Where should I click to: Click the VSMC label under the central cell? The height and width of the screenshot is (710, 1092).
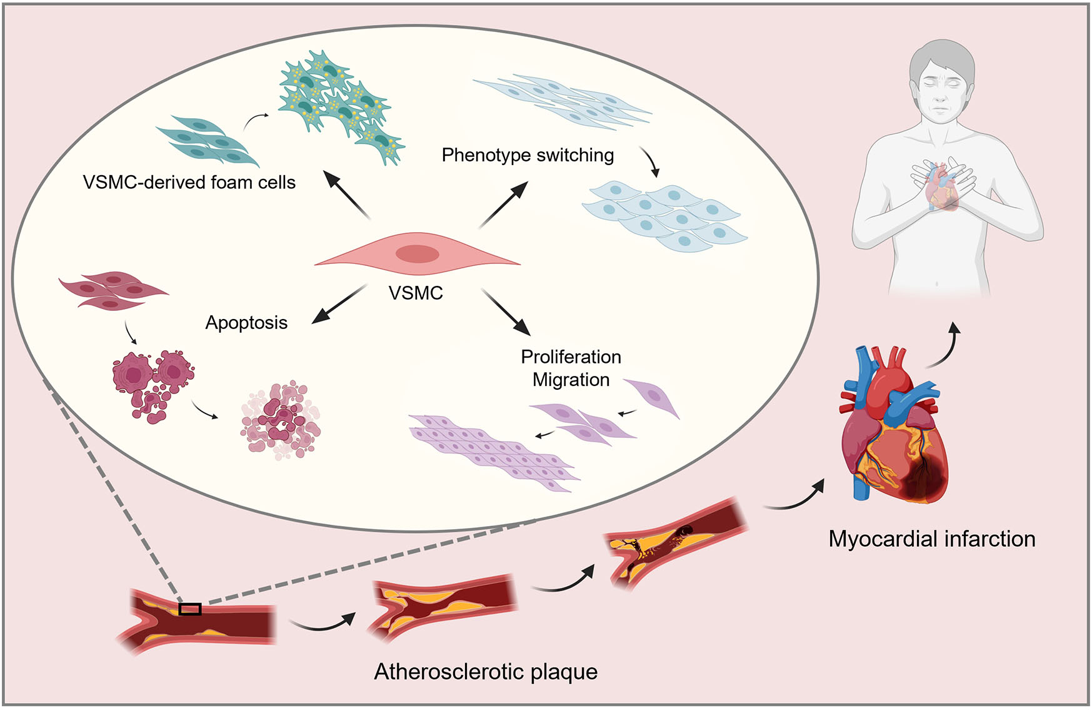click(416, 293)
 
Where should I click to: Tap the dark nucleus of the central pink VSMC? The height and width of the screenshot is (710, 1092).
click(418, 254)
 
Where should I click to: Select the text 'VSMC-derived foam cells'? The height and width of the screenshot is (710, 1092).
click(189, 182)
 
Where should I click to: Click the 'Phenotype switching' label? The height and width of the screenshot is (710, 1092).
click(528, 155)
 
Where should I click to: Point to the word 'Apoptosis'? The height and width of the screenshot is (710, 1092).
click(246, 323)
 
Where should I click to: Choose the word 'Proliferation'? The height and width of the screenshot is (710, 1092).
click(571, 357)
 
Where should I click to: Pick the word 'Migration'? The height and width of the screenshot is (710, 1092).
click(571, 380)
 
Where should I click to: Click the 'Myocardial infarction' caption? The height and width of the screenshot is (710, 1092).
click(931, 539)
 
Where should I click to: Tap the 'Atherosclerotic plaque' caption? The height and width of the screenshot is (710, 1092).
click(486, 671)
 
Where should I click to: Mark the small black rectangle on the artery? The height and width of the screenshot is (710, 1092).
click(190, 609)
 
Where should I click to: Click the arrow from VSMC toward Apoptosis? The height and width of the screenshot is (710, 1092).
click(339, 304)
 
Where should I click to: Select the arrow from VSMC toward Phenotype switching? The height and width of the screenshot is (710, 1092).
click(504, 205)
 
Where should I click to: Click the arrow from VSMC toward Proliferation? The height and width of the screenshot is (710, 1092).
click(506, 312)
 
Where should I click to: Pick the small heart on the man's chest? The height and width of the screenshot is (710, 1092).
click(942, 186)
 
